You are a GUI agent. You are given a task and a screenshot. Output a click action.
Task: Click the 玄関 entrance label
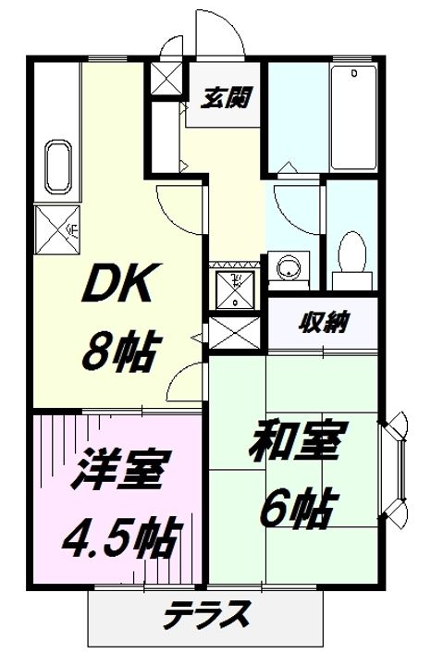pyautogui.click(x=226, y=96)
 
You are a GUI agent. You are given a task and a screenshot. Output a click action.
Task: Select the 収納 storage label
pyautogui.click(x=323, y=323)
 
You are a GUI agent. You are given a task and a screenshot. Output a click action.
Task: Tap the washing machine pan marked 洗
pyautogui.click(x=237, y=287)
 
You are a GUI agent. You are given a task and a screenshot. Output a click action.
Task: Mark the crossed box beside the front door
pyautogui.click(x=167, y=79)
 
